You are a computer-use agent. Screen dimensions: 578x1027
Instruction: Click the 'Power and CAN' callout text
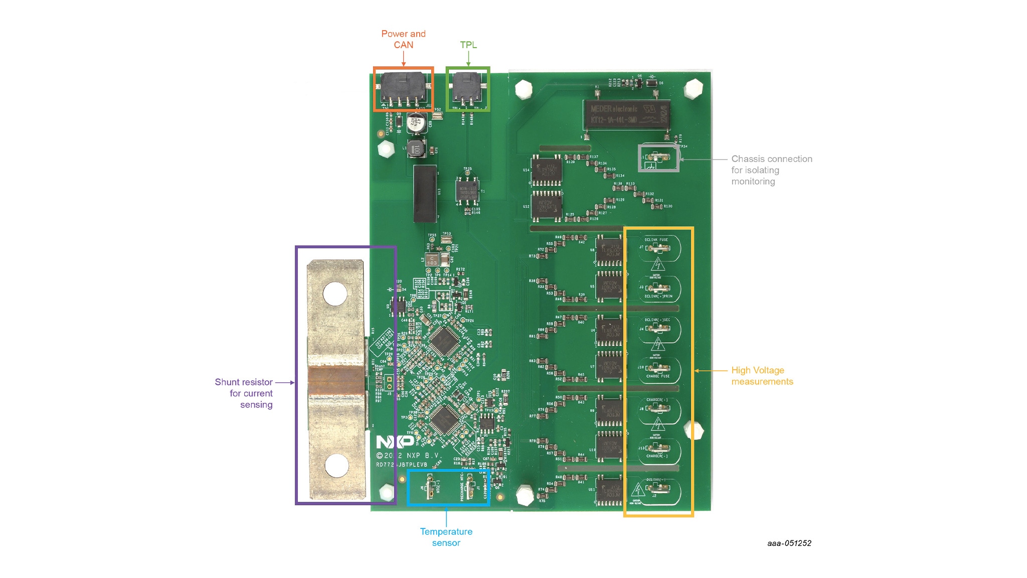click(403, 39)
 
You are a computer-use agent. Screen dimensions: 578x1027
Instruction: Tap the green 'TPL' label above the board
click(468, 45)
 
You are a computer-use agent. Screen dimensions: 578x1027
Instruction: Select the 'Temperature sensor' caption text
click(446, 537)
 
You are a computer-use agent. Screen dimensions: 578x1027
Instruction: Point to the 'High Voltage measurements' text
click(762, 376)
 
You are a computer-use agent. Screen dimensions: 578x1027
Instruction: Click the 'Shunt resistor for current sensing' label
click(244, 393)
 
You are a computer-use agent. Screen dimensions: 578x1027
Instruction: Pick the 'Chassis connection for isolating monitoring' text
click(771, 170)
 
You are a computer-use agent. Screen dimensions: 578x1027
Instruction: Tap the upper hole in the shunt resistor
click(335, 294)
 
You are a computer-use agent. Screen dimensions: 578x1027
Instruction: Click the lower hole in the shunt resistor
click(336, 466)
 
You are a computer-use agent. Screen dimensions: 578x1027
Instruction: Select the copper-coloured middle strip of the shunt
click(335, 380)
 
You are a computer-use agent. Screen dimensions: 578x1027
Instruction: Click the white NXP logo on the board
click(395, 442)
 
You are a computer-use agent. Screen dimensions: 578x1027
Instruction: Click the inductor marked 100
click(416, 149)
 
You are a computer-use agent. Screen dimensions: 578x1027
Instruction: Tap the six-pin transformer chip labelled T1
click(467, 191)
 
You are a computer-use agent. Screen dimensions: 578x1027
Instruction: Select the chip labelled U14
click(547, 171)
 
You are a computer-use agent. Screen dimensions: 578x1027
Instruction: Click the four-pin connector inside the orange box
click(403, 88)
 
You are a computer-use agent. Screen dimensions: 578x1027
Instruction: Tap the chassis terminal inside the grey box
click(657, 158)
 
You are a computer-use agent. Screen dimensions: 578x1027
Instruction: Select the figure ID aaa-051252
click(789, 543)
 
